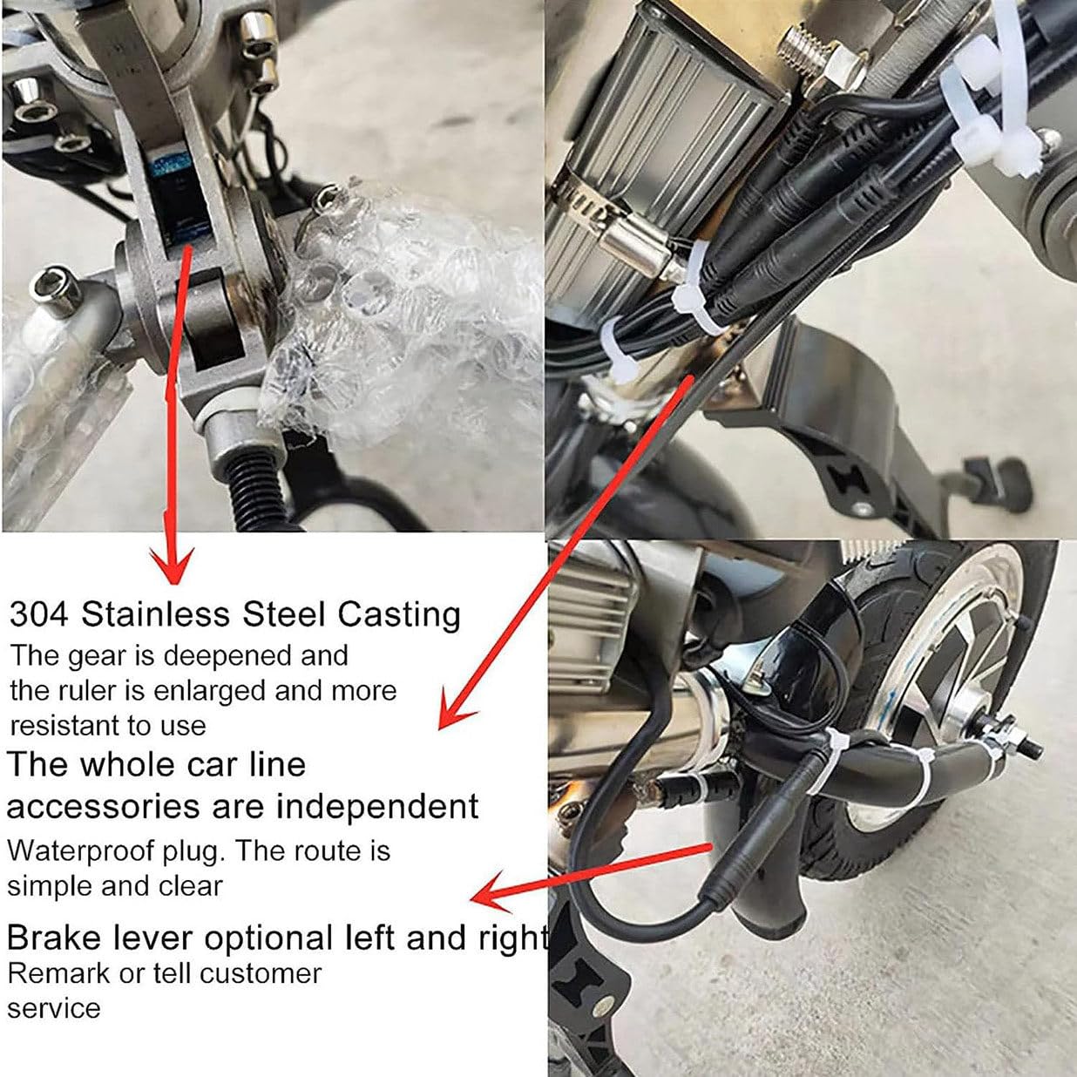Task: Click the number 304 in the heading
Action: [x=39, y=615]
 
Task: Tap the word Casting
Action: [x=399, y=616]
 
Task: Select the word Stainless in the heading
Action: [x=155, y=614]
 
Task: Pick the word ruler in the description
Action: [x=82, y=691]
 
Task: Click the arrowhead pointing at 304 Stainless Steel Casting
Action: [x=173, y=564]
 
